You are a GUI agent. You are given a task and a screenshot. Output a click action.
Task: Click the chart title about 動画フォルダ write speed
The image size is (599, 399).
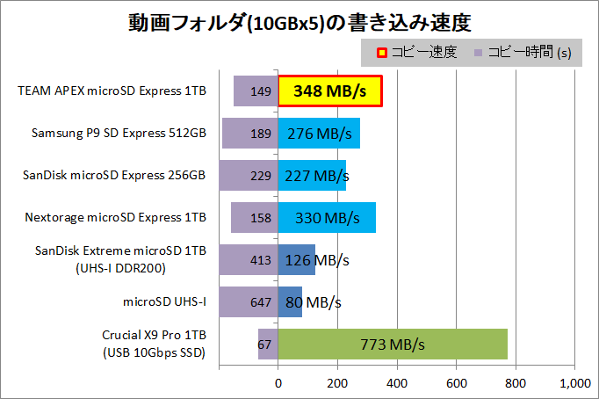tap(299, 21)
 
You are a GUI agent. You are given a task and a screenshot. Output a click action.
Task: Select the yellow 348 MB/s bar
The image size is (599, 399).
tap(329, 91)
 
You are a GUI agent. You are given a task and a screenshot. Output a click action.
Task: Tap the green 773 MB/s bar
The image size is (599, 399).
tap(393, 344)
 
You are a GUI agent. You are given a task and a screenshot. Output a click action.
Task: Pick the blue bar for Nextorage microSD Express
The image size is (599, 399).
tap(327, 217)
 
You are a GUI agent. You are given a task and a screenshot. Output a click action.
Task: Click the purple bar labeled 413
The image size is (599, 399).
tap(249, 259)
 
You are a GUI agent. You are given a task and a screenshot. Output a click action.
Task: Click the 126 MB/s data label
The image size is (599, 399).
tap(316, 259)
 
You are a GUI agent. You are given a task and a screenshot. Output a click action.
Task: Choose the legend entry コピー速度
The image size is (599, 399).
tap(417, 53)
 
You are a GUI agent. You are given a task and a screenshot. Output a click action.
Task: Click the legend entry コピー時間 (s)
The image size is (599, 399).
tap(523, 53)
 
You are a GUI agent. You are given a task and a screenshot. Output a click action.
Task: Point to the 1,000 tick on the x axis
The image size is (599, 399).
tap(574, 382)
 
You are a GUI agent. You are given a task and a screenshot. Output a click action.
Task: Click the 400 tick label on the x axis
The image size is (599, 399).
tap(397, 382)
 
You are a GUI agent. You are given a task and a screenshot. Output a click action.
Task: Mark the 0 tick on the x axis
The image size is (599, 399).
tap(278, 382)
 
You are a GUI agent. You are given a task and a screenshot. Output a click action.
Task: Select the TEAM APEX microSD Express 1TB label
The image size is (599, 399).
tap(112, 91)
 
